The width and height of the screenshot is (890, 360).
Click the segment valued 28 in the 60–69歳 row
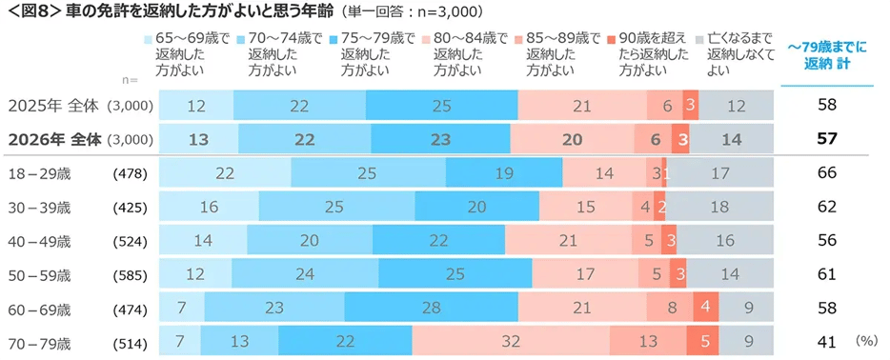point(431,309)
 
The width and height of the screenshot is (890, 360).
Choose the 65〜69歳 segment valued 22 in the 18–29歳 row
point(225,174)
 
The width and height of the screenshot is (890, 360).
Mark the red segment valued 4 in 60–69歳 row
point(705,309)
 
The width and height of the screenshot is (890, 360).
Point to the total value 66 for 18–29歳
point(826,174)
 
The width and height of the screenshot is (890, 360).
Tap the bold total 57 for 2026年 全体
point(826,139)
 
